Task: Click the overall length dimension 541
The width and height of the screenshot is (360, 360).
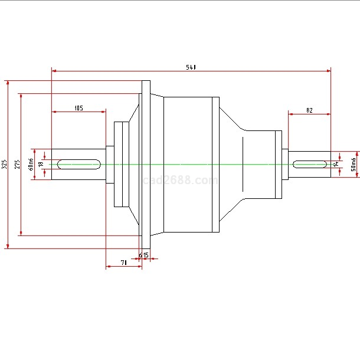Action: click(x=191, y=68)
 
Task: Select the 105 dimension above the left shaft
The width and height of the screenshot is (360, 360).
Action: click(x=78, y=108)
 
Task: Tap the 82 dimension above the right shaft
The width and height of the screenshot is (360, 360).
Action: click(x=309, y=110)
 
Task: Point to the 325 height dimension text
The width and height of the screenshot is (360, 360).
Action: click(x=4, y=164)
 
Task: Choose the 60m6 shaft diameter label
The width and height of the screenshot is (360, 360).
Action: click(x=31, y=164)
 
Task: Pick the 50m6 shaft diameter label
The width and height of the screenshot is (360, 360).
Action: click(x=354, y=164)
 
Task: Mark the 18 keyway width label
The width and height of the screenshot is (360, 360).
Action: click(x=41, y=164)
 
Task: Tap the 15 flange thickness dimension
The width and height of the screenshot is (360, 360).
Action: click(x=145, y=255)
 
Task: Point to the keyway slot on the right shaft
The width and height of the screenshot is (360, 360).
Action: click(x=311, y=164)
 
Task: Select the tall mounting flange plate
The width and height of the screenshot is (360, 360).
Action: click(x=146, y=164)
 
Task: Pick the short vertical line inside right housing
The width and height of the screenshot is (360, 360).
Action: click(x=243, y=164)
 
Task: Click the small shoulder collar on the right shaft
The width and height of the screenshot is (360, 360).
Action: click(x=285, y=164)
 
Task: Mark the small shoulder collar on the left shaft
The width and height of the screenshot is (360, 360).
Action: click(x=110, y=164)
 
